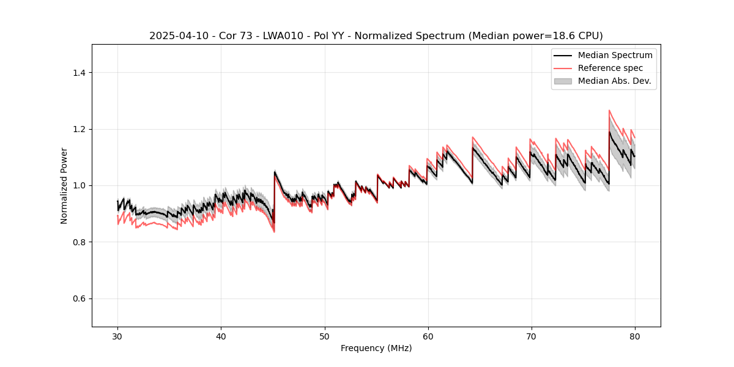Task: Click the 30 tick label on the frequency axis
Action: pyautogui.click(x=117, y=336)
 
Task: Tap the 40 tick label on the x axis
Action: pyautogui.click(x=221, y=336)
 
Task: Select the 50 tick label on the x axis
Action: pyautogui.click(x=324, y=336)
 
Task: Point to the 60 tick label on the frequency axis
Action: pyautogui.click(x=428, y=336)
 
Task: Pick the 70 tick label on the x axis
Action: pyautogui.click(x=531, y=336)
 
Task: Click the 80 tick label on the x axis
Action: pyautogui.click(x=634, y=336)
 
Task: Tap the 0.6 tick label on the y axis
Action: pyautogui.click(x=79, y=298)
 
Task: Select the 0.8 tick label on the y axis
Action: pyautogui.click(x=79, y=242)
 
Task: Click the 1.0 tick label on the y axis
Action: pyautogui.click(x=79, y=185)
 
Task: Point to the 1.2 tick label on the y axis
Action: pyautogui.click(x=79, y=129)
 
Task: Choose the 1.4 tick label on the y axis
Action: pyautogui.click(x=79, y=73)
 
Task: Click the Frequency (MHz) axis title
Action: pyautogui.click(x=376, y=348)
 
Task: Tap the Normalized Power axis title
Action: pyautogui.click(x=64, y=185)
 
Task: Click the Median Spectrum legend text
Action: pyautogui.click(x=615, y=55)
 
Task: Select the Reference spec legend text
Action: pyautogui.click(x=610, y=68)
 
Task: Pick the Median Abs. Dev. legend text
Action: pyautogui.click(x=614, y=81)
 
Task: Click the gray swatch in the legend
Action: pyautogui.click(x=563, y=81)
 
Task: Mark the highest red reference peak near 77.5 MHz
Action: pyautogui.click(x=609, y=111)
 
